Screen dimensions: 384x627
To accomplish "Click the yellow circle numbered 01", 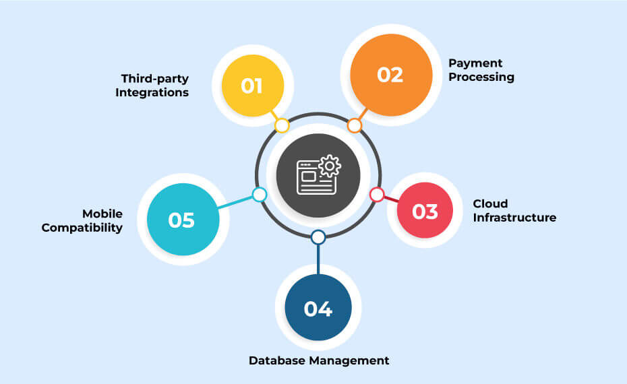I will click(253, 86).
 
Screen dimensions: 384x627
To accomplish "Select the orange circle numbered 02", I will click(390, 74).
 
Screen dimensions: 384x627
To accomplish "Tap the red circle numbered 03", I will click(425, 212).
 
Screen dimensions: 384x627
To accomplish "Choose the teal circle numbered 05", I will click(182, 220).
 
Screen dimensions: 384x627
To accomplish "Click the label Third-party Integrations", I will click(152, 85).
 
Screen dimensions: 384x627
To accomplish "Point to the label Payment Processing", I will click(481, 70).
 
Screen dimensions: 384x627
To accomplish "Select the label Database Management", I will click(319, 360).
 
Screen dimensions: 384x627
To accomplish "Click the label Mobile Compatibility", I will click(82, 220).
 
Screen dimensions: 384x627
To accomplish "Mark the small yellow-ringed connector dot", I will click(282, 126).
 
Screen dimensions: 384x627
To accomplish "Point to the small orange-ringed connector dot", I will click(355, 125).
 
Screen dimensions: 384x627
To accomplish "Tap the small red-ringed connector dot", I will click(377, 195).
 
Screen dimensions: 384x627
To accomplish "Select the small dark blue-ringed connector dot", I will click(318, 237).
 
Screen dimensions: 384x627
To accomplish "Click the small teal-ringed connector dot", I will click(260, 195).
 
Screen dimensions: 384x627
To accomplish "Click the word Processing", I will click(481, 77).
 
